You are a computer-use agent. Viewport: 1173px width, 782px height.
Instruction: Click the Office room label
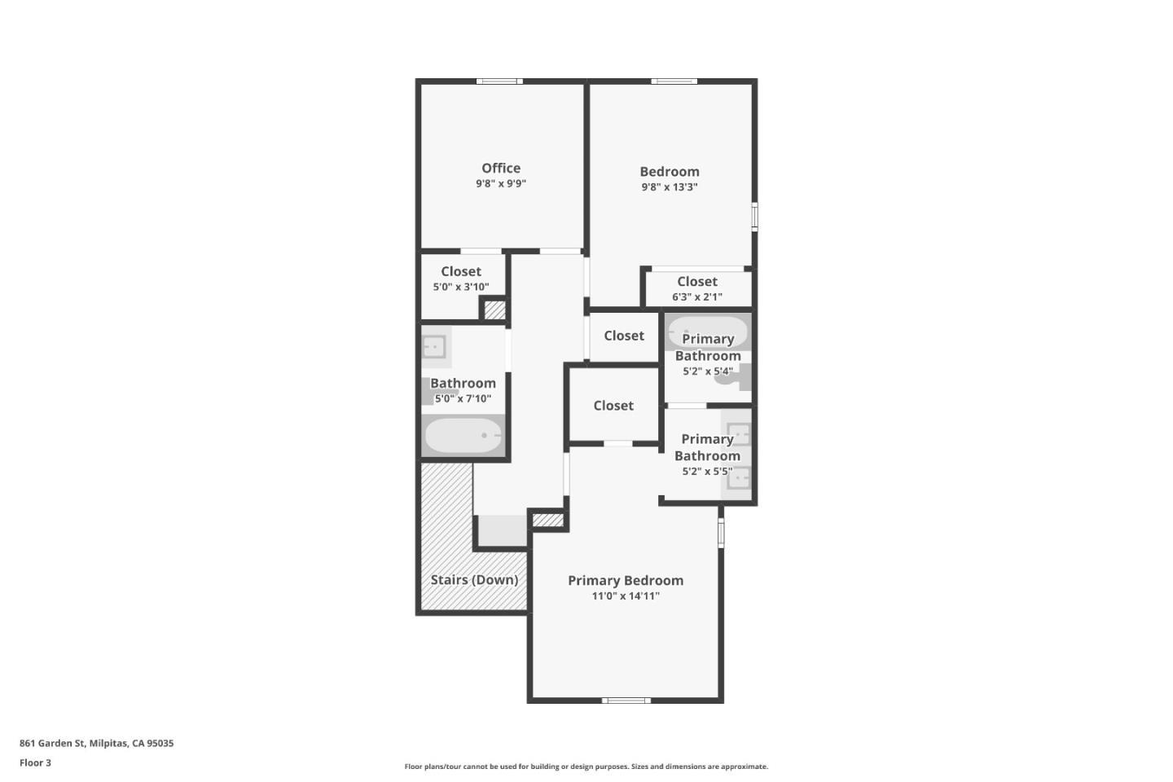(501, 168)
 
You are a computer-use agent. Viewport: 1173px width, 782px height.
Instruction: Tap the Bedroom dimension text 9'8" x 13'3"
(669, 187)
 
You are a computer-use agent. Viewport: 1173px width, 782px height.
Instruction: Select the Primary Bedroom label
(626, 580)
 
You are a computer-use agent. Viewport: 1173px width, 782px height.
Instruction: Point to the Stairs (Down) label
(474, 579)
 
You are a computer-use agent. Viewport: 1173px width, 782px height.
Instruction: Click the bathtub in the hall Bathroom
(463, 436)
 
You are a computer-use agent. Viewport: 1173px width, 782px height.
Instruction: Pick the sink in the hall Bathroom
(434, 347)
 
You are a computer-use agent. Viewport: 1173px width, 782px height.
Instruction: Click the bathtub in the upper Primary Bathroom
(707, 330)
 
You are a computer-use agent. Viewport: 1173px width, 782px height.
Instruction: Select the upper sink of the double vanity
(738, 433)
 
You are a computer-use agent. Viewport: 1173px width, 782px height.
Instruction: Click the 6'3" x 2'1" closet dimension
(696, 297)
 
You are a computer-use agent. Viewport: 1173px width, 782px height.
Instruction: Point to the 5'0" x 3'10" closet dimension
(461, 287)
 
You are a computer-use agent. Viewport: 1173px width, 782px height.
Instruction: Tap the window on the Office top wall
(499, 81)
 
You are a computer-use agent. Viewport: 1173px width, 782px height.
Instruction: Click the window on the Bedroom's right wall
(754, 217)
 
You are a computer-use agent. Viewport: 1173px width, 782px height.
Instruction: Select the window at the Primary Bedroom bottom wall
(626, 700)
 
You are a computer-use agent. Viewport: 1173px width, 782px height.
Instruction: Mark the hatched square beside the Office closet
(495, 310)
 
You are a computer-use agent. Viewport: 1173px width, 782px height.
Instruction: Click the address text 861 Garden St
(96, 743)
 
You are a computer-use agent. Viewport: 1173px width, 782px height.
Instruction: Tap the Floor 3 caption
(35, 763)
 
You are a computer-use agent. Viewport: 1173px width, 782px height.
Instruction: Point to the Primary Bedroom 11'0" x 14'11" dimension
(626, 596)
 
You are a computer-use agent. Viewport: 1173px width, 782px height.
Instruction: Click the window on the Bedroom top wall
(674, 81)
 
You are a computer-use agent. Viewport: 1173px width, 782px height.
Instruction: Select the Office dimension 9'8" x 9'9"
(501, 184)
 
